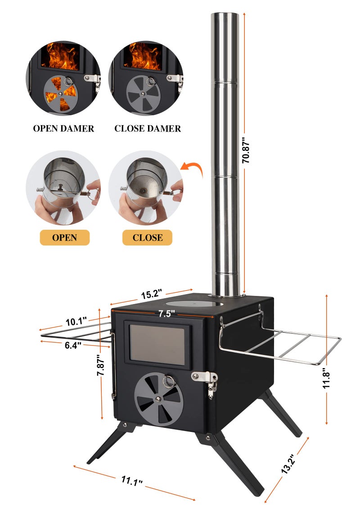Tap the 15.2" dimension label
coord(152,294)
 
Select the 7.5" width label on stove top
coord(166,313)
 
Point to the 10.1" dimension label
coord(76,321)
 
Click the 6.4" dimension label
coord(73,345)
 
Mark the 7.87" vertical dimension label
coord(101,365)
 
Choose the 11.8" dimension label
coord(326,378)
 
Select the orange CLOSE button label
coord(147,237)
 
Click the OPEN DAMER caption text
coord(63,128)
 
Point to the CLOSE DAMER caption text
coord(148,128)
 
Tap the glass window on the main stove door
coord(157,345)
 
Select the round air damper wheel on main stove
coord(159,399)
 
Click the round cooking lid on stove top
coord(194,303)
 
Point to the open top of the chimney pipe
coord(225,14)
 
